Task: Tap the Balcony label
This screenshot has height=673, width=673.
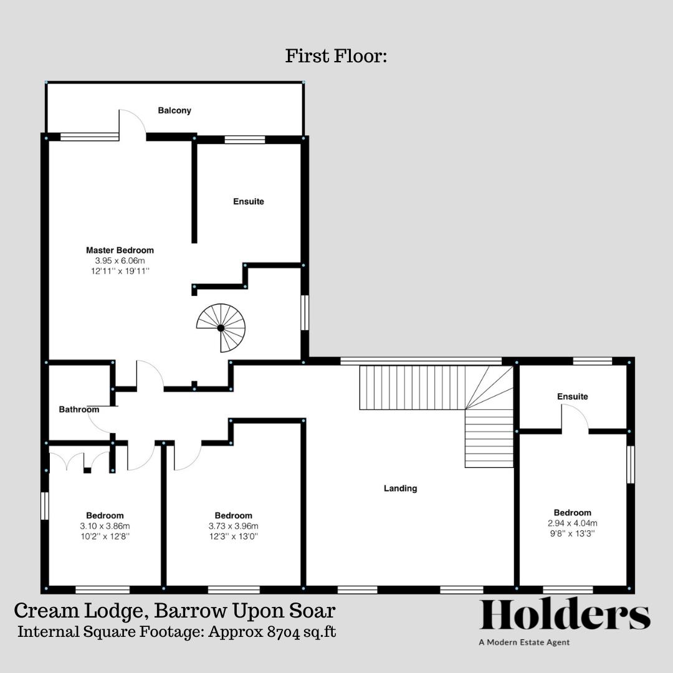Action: [x=174, y=110]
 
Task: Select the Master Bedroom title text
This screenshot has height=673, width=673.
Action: [x=120, y=251]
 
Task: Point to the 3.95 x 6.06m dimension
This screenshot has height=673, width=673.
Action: [x=120, y=260]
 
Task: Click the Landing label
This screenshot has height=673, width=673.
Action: [x=400, y=489]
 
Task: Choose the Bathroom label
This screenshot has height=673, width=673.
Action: [x=79, y=409]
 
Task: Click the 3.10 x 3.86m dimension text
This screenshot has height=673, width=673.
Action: [x=105, y=526]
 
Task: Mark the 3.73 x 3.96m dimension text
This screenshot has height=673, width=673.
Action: [x=234, y=526]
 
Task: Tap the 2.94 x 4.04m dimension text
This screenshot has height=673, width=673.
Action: [x=573, y=523]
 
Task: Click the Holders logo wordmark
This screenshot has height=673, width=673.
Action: [x=565, y=616]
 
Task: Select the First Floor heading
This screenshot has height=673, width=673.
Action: [x=336, y=56]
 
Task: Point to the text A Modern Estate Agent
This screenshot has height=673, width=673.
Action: [x=524, y=642]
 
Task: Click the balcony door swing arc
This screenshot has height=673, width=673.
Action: [x=133, y=121]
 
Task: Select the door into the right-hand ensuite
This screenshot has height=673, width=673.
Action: [x=575, y=418]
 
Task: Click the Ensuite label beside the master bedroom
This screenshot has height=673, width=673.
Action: [x=249, y=201]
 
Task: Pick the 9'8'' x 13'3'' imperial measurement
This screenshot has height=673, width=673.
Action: [x=573, y=533]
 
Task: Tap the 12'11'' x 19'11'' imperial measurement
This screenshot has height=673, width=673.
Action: [x=120, y=271]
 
